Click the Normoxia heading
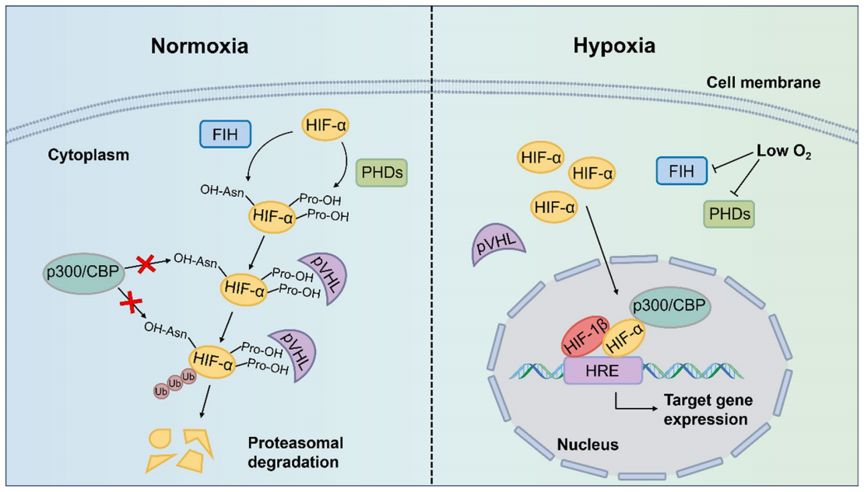(199, 47)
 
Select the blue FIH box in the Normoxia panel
(225, 134)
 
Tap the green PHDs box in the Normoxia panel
(381, 173)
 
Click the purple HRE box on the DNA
(603, 371)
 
